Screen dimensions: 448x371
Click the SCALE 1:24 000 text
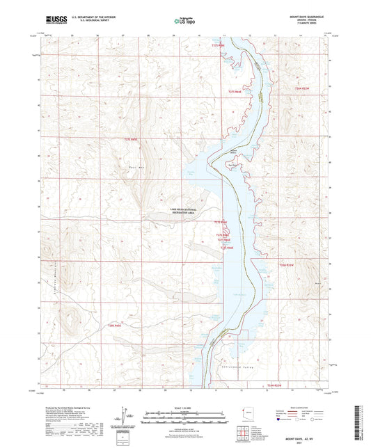(184, 408)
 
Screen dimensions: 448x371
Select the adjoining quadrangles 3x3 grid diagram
(244, 435)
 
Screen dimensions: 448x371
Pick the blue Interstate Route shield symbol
(281, 420)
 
